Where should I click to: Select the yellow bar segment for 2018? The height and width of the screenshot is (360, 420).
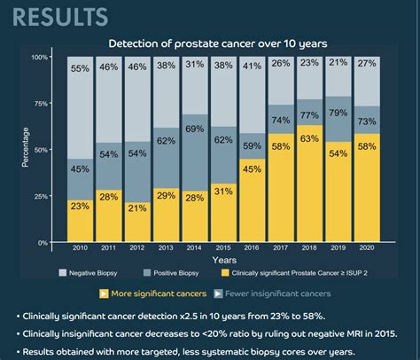coord(333,177)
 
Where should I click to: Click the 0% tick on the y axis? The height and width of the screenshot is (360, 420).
coord(43,242)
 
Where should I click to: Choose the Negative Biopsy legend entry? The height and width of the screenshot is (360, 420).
coord(90,273)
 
